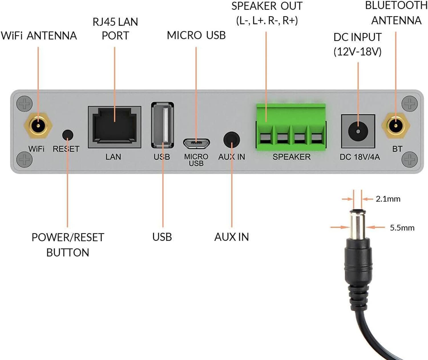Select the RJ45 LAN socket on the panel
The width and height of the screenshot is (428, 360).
114,127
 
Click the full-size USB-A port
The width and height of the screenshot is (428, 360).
163,125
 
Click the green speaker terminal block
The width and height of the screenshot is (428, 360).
291,126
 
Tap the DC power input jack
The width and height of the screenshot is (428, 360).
358,131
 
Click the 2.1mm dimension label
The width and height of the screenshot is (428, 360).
388,199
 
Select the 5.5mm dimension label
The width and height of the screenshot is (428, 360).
402,228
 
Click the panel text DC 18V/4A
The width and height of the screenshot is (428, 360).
360,157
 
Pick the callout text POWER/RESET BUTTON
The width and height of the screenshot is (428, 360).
68,245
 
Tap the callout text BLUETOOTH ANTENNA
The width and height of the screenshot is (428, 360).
396,13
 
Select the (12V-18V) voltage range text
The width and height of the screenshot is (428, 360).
358,52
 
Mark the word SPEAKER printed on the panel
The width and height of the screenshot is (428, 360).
291,157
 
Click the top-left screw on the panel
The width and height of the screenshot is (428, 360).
25,104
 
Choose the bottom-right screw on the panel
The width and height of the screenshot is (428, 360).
409,160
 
